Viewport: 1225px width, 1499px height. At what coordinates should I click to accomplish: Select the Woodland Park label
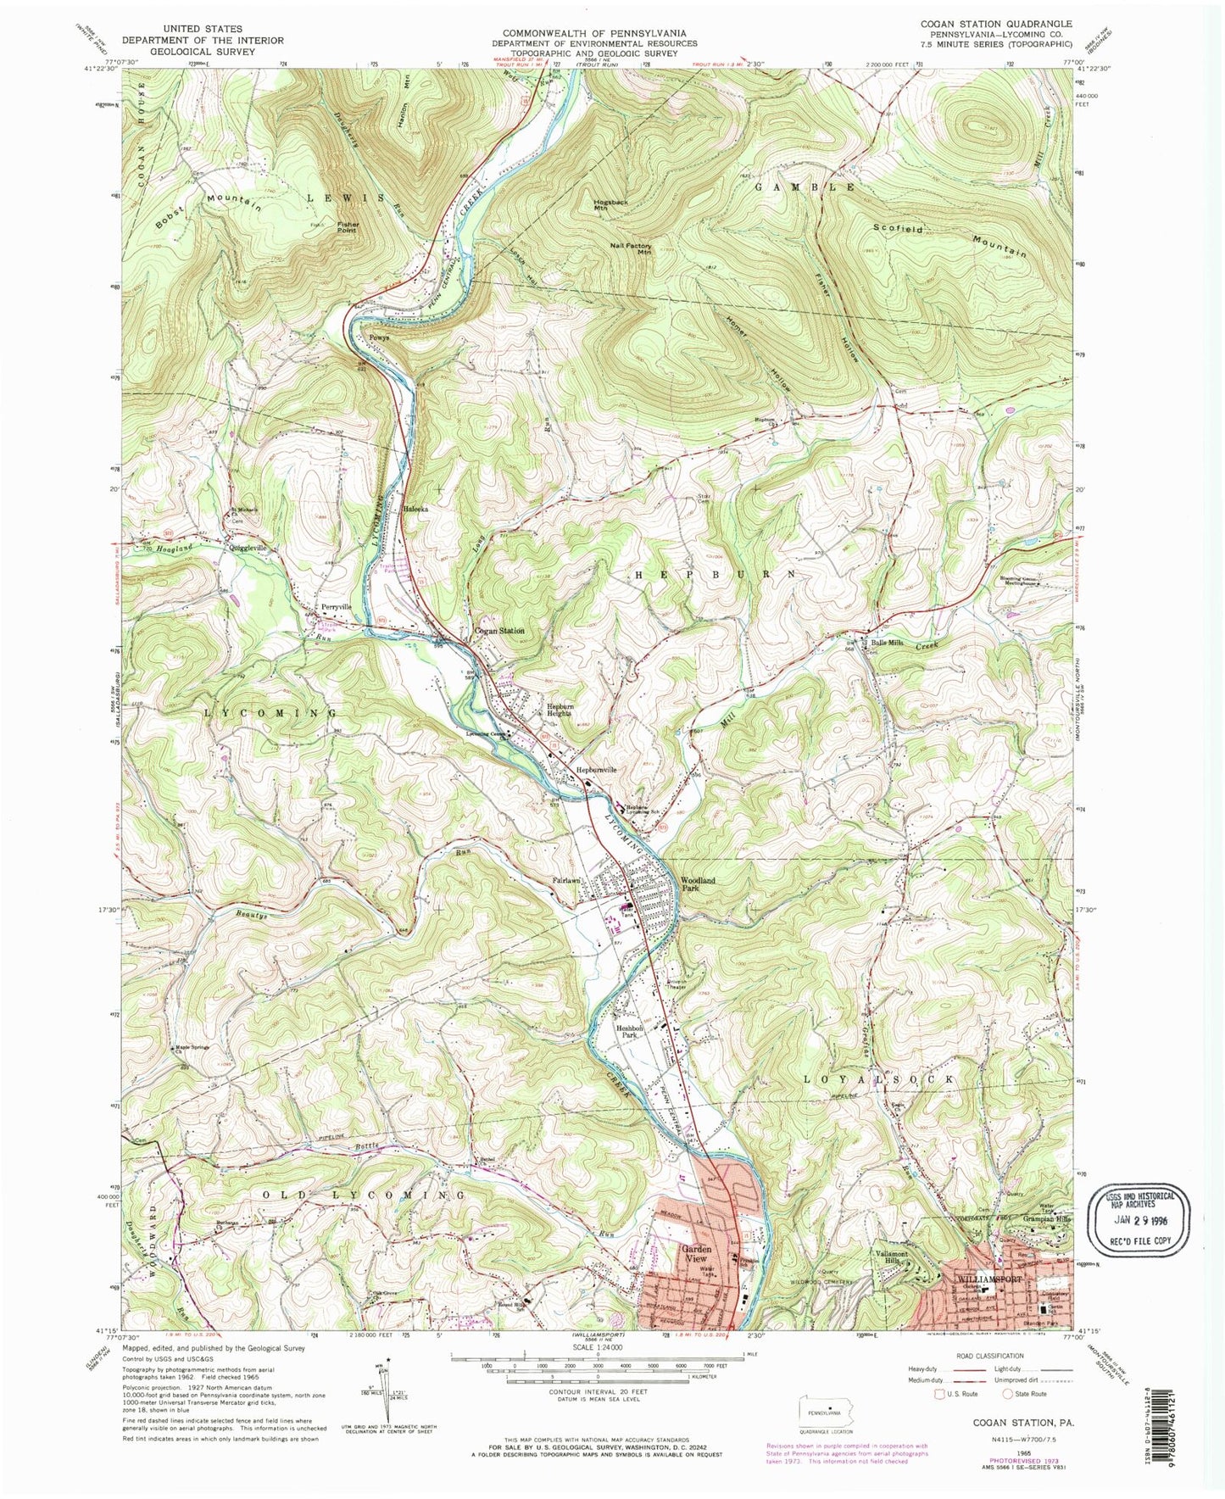coord(698,885)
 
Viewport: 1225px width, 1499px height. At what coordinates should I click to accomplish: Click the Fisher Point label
coord(348,229)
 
